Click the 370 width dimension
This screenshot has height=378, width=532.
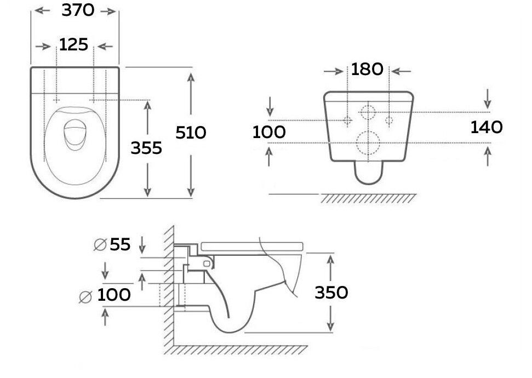tap(78, 10)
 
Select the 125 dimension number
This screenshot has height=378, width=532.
tap(73, 45)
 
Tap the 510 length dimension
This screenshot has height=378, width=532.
tap(191, 133)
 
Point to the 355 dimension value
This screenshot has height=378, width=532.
tap(146, 148)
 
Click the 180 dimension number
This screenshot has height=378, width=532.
tap(367, 69)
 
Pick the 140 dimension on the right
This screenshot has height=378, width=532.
tap(487, 127)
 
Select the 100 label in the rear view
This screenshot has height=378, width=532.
tap(269, 132)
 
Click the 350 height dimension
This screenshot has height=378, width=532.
tap(331, 293)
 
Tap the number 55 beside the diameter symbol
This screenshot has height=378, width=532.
tap(120, 244)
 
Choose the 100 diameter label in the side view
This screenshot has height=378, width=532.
tap(113, 295)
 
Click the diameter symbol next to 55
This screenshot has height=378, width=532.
tap(100, 245)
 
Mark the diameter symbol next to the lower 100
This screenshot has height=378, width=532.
tap(85, 297)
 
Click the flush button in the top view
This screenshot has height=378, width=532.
tap(75, 134)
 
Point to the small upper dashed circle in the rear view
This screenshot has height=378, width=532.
tap(368, 106)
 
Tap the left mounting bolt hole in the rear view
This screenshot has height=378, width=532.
tap(347, 120)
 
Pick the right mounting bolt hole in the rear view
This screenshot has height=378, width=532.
tap(389, 120)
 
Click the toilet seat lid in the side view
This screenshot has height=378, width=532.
tap(251, 247)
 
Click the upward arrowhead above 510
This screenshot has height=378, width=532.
tap(191, 77)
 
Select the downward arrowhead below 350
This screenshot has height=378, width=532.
tap(330, 327)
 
